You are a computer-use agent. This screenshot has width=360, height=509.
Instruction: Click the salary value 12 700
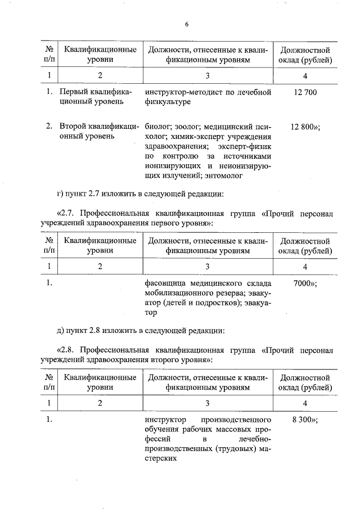[304, 92]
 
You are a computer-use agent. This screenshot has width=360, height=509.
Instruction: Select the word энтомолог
[222, 176]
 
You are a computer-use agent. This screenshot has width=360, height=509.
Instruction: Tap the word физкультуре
[168, 102]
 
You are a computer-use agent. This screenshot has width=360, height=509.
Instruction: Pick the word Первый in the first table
[73, 92]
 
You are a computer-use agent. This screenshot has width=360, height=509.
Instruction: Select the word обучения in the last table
[163, 430]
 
